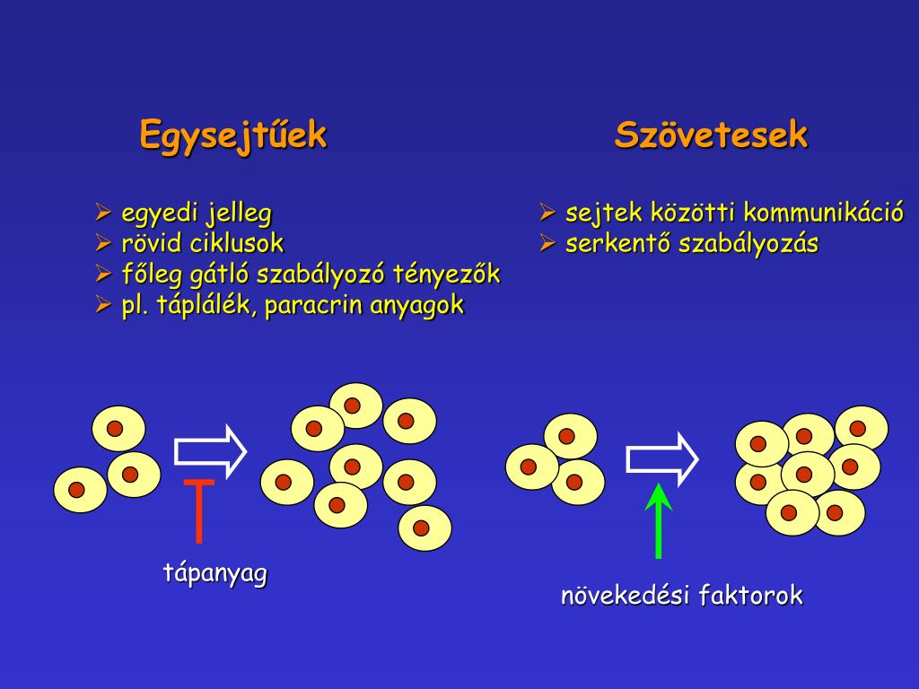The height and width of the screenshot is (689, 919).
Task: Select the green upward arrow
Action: tap(659, 520)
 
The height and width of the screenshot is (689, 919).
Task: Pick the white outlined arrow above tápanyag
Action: tap(210, 450)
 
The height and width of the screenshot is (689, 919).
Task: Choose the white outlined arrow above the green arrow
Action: tap(661, 458)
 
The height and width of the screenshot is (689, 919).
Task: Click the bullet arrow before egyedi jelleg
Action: tap(102, 213)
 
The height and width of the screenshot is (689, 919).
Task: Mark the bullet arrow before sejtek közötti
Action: tap(547, 213)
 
